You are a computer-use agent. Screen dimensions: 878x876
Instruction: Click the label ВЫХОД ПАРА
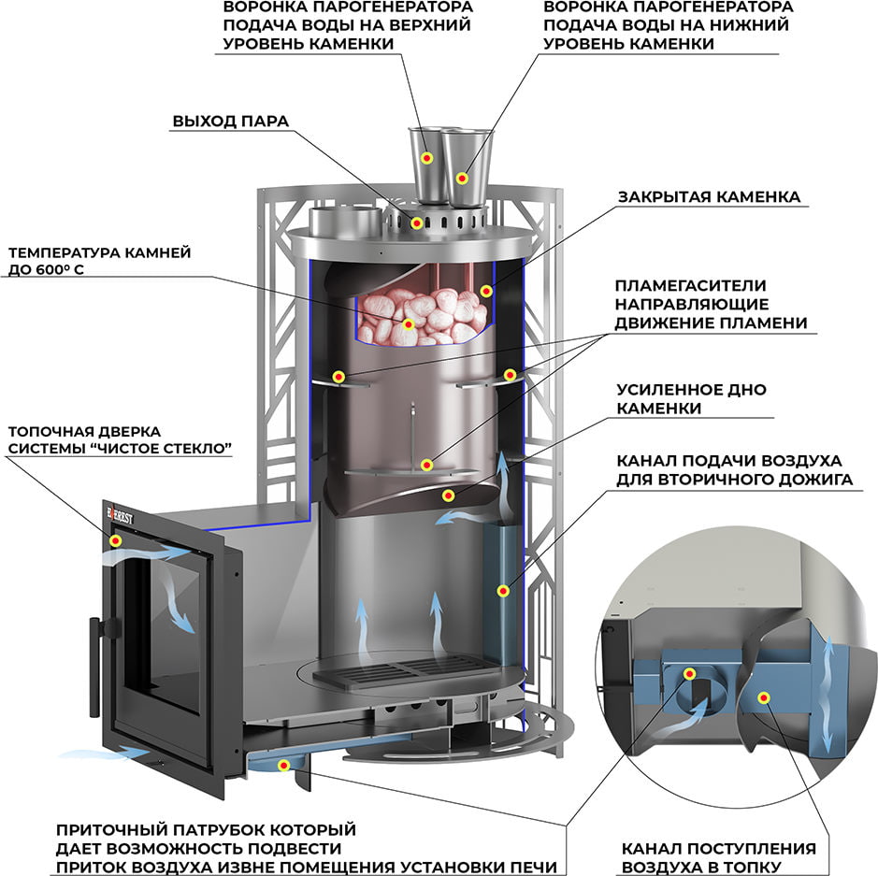[230, 122]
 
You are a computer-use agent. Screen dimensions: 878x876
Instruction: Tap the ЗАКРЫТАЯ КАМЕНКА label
[709, 197]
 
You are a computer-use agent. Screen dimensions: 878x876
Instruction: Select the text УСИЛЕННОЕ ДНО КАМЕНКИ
[691, 398]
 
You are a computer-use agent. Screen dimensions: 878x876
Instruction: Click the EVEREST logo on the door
[120, 515]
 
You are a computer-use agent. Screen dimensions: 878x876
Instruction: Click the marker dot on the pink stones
[409, 324]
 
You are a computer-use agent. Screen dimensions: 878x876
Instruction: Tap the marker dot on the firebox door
[115, 540]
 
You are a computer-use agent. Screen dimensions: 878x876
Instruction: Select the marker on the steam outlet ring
[416, 223]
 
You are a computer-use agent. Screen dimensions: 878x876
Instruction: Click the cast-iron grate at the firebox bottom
[403, 671]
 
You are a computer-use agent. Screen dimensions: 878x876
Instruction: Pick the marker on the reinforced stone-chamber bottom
[447, 495]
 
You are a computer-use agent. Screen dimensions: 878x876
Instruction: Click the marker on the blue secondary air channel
[503, 591]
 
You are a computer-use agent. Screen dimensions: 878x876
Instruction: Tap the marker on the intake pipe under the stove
[284, 765]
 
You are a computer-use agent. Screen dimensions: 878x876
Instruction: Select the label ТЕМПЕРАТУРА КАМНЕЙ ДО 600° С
[100, 261]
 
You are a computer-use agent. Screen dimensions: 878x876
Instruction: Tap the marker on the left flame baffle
[338, 377]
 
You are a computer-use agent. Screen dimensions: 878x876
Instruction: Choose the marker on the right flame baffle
[510, 375]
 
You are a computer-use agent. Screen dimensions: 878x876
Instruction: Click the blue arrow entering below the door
[105, 753]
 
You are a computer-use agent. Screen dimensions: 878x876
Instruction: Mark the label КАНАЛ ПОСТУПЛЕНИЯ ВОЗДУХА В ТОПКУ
[718, 857]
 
